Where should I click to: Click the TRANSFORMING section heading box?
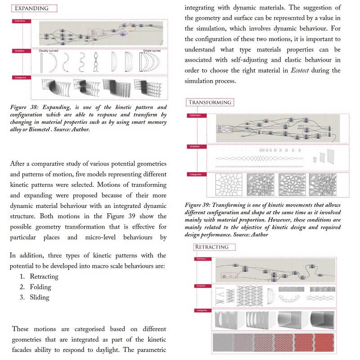209,102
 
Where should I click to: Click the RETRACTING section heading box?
211,247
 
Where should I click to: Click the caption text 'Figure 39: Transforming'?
220,205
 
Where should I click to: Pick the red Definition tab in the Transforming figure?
196,116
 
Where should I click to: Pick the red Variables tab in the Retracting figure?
201,286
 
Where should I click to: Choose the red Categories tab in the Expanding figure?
20,77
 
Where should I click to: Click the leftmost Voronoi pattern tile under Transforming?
229,185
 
